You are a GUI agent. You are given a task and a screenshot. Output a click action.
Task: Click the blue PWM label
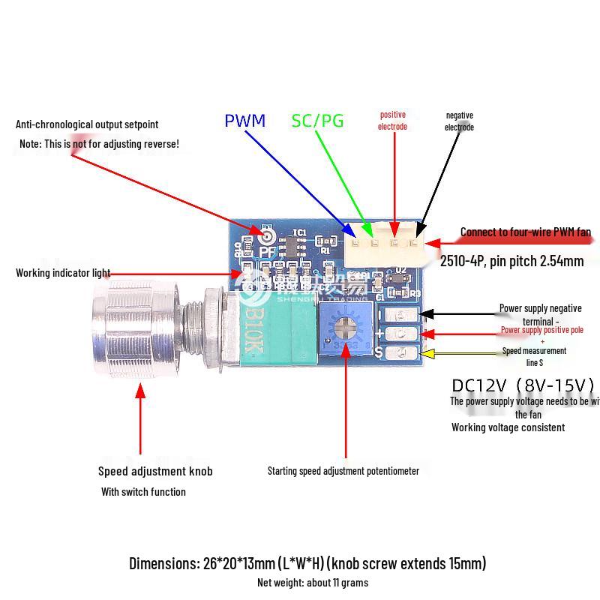coord(244,121)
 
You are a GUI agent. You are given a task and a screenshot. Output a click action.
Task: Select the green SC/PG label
coord(317,121)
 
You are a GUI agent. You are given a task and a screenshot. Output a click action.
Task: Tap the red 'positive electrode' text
coord(392,121)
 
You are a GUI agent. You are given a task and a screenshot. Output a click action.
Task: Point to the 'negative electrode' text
coord(459,121)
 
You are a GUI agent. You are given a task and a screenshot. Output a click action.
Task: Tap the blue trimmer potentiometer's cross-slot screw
coord(345,328)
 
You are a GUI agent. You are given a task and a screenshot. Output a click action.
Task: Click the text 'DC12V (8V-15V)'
coord(523,385)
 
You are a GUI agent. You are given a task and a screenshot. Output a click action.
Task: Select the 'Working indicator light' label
coord(63,273)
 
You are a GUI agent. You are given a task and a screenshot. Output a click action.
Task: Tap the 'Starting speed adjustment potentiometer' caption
coord(343,471)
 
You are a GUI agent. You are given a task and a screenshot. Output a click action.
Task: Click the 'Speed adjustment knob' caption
coord(155,471)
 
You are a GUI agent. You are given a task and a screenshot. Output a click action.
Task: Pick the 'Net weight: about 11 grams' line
coord(312,583)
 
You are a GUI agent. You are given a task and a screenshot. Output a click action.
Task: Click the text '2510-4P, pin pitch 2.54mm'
coord(511,261)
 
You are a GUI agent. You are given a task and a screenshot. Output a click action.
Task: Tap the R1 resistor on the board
coord(325,241)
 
